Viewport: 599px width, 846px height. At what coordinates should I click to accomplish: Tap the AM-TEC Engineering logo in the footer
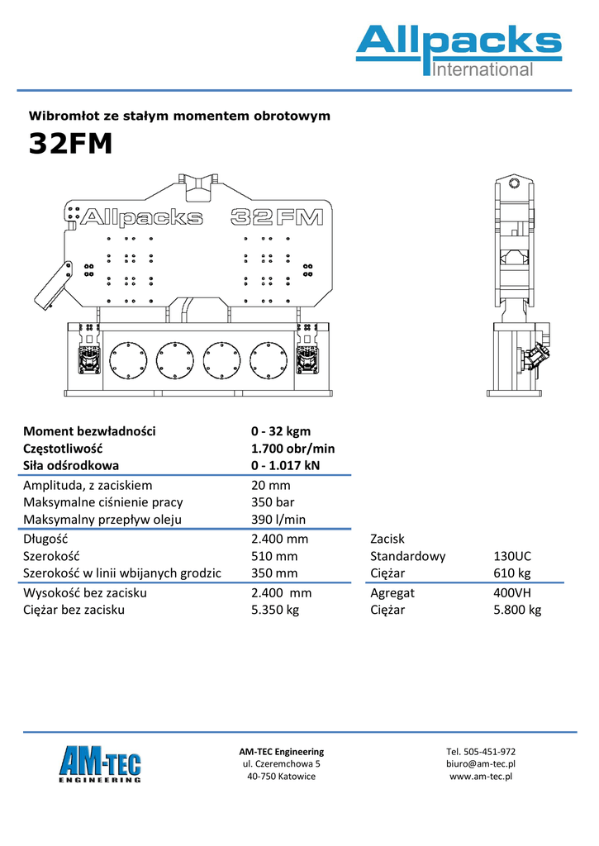click(x=100, y=764)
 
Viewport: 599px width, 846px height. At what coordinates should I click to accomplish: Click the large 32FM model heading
click(x=70, y=143)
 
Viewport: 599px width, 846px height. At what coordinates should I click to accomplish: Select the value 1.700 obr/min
click(x=292, y=449)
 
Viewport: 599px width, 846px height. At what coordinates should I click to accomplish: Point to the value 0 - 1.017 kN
click(x=285, y=466)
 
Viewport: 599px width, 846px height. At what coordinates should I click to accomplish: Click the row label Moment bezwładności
click(x=89, y=431)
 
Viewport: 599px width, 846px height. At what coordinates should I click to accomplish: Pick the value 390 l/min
click(x=278, y=520)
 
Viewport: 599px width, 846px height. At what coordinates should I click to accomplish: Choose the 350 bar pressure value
click(x=273, y=502)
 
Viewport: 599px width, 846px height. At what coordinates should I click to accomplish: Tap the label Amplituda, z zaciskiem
click(x=88, y=486)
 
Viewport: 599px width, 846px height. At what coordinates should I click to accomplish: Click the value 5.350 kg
click(x=275, y=611)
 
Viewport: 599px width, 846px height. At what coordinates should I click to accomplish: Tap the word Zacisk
click(x=387, y=539)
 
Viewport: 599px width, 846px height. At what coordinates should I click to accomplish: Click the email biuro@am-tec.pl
click(x=480, y=764)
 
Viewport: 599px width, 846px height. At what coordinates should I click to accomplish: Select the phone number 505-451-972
click(x=491, y=752)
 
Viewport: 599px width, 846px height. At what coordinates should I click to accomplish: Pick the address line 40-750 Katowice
click(x=281, y=777)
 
